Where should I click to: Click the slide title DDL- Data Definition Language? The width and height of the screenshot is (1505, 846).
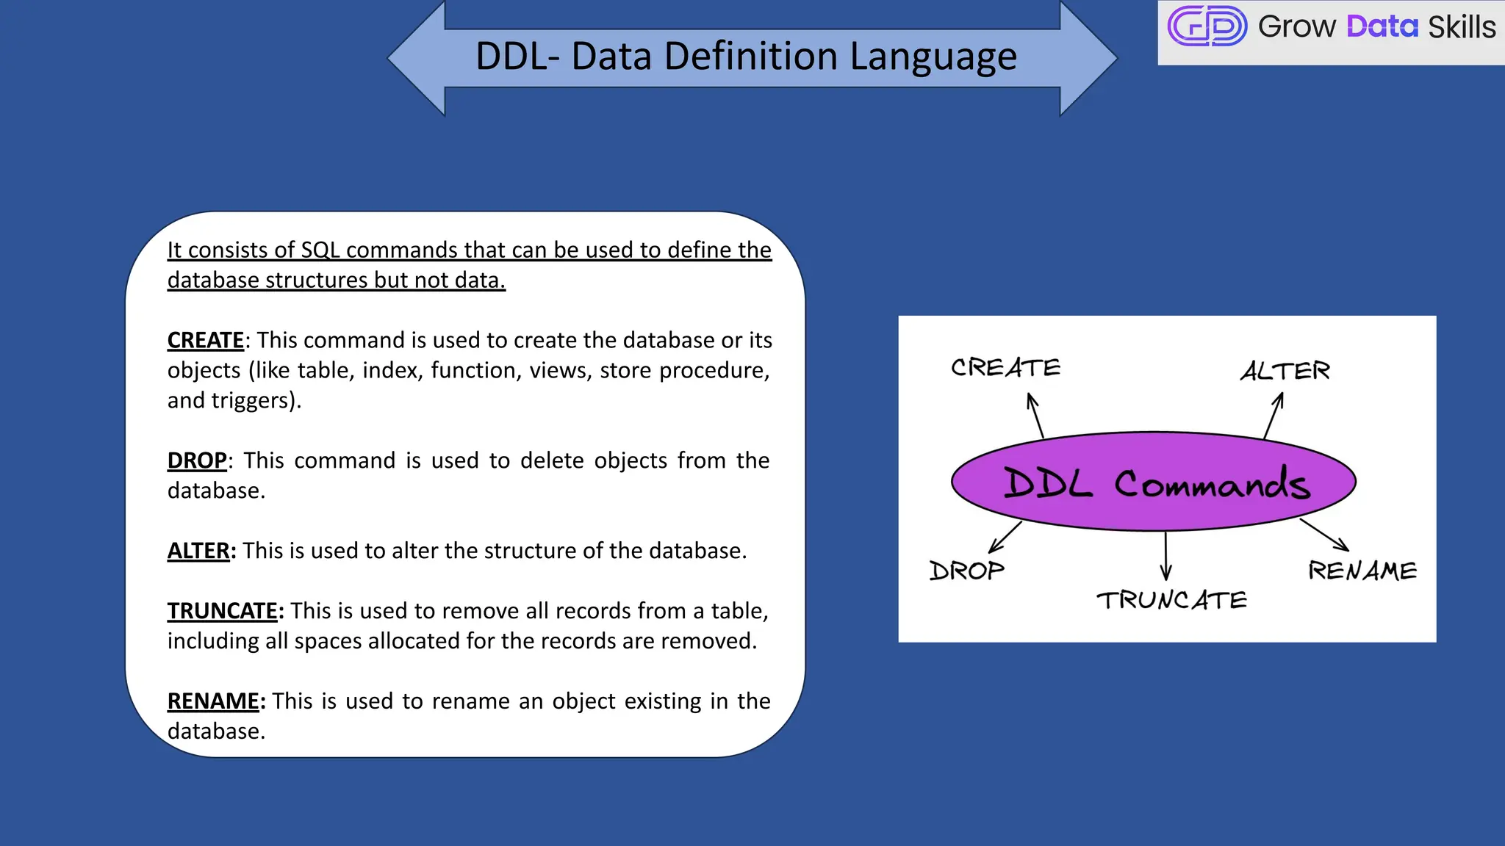746,57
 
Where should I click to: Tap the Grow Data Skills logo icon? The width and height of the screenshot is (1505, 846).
1207,26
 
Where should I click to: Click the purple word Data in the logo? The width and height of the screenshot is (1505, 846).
1382,27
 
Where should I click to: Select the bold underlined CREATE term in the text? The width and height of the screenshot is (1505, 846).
206,340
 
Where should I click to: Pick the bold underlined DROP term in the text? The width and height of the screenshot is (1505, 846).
197,460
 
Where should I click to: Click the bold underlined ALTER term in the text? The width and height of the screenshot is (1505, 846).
199,551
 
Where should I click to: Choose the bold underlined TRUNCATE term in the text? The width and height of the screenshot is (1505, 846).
223,611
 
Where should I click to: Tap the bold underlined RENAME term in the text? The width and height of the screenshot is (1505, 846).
213,701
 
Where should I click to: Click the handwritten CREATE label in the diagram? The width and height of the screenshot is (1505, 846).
1005,367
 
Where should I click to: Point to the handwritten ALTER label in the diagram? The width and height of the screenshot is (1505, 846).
1285,371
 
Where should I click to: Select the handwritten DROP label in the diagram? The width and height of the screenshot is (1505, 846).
966,571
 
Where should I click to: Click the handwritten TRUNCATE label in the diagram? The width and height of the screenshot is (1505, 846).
1171,600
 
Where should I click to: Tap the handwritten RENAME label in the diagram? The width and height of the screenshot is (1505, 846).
1362,571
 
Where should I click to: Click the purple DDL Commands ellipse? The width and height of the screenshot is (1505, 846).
1154,482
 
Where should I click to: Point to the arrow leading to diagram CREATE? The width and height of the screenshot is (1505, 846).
1035,415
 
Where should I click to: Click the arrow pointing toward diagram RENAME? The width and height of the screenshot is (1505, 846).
1324,535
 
